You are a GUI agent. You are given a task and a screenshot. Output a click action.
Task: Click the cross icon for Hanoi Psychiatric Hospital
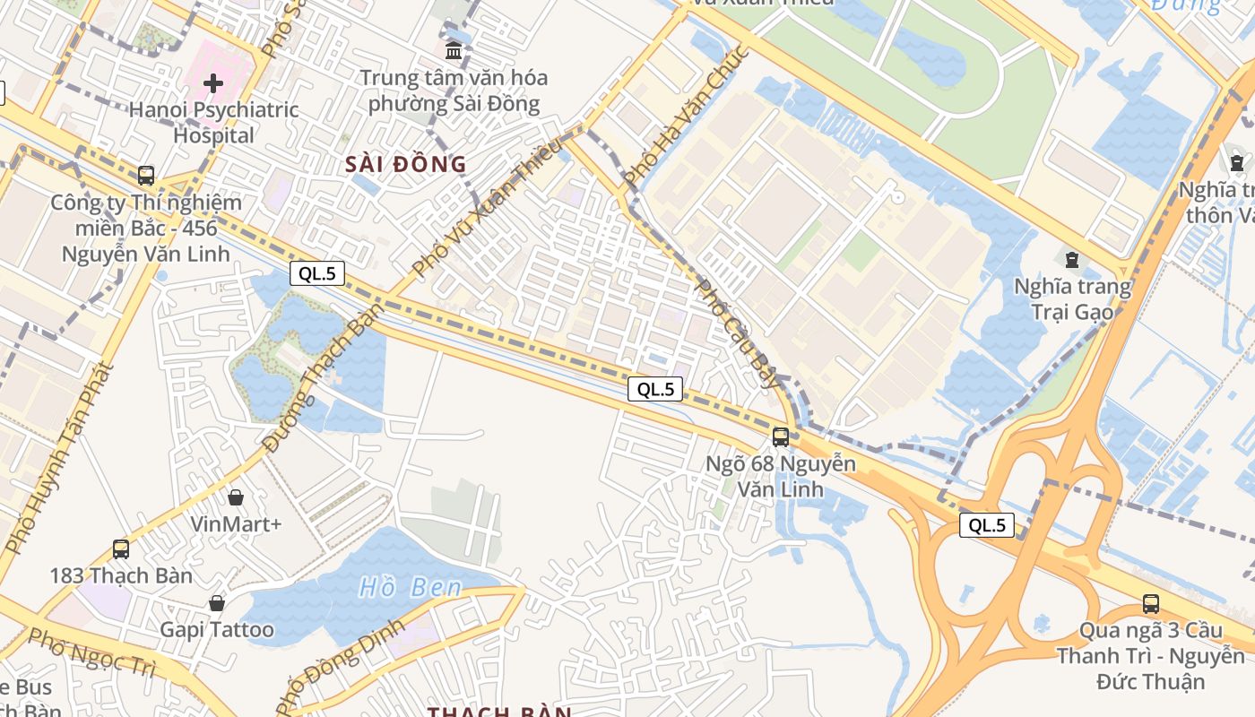pyautogui.click(x=213, y=83)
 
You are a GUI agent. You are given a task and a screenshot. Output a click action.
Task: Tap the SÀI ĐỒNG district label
pyautogui.click(x=407, y=164)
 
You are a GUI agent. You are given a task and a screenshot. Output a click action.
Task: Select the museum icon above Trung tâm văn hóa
pyautogui.click(x=454, y=50)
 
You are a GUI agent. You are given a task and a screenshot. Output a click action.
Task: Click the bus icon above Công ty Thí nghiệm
pyautogui.click(x=145, y=175)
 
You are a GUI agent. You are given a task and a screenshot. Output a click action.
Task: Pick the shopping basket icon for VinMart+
pyautogui.click(x=236, y=497)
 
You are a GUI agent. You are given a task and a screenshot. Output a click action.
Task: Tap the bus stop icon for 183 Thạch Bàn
pyautogui.click(x=120, y=549)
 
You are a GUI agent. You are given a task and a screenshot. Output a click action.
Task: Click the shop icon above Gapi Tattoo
pyautogui.click(x=216, y=602)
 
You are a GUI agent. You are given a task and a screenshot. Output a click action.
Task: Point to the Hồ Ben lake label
pyautogui.click(x=411, y=588)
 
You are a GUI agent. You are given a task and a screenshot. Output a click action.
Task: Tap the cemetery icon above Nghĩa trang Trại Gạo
pyautogui.click(x=1070, y=261)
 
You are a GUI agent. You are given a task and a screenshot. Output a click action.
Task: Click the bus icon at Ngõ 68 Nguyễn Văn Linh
pyautogui.click(x=781, y=437)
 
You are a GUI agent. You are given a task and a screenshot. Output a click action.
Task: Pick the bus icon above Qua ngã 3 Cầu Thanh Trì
pyautogui.click(x=1150, y=604)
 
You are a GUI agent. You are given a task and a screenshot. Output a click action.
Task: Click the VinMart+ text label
pyautogui.click(x=236, y=523)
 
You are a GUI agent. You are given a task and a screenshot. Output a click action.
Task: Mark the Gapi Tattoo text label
pyautogui.click(x=217, y=629)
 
